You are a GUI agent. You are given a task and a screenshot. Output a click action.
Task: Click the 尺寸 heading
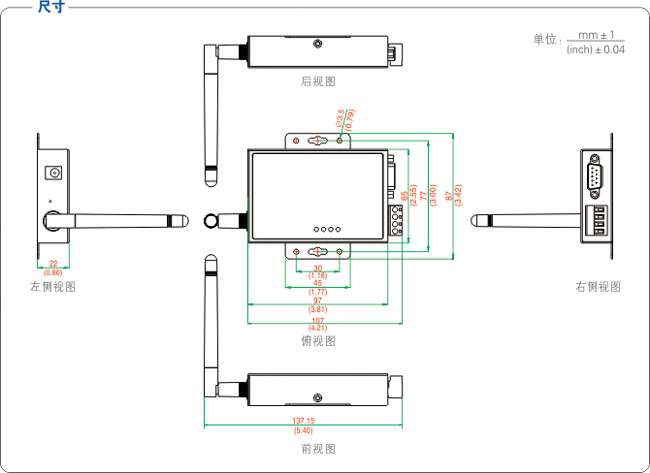click(51, 8)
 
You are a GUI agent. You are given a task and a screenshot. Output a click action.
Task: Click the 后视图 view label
click(318, 82)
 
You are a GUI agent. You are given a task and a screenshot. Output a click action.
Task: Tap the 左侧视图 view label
click(52, 287)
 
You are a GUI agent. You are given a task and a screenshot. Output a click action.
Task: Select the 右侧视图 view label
click(598, 287)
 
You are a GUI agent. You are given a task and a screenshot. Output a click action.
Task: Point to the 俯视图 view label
click(318, 340)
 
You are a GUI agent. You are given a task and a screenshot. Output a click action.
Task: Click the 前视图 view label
click(318, 449)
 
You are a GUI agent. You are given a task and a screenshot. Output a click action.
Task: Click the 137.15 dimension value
click(303, 421)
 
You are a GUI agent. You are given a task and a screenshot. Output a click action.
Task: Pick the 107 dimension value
click(317, 320)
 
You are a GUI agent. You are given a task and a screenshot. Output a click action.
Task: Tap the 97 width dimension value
click(317, 300)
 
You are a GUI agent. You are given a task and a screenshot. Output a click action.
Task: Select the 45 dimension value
click(317, 283)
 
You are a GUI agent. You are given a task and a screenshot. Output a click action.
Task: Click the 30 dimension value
click(317, 268)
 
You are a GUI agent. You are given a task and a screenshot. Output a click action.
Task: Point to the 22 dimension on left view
click(52, 264)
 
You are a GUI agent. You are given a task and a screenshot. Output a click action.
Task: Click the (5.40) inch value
click(303, 430)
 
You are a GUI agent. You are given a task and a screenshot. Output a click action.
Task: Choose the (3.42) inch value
click(458, 194)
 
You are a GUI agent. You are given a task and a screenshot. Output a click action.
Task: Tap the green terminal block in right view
click(598, 222)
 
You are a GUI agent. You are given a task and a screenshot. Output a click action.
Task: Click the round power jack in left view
click(54, 173)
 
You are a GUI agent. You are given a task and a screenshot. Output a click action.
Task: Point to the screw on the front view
click(317, 397)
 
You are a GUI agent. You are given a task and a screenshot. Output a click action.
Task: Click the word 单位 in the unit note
click(545, 40)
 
